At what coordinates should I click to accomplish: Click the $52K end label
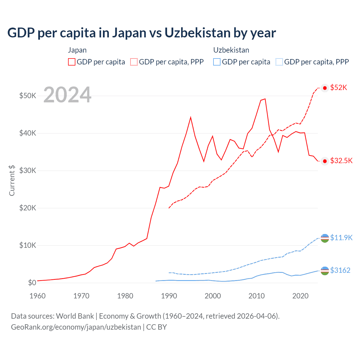339,87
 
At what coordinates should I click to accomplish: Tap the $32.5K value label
341,161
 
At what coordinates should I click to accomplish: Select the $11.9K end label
341,238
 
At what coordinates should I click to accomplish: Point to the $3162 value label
340,270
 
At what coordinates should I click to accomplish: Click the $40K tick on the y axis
28,133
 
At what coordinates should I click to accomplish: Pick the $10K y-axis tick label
28,245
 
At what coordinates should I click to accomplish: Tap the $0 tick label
32,283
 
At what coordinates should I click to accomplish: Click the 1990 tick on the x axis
169,296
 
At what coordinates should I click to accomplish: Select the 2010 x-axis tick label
256,296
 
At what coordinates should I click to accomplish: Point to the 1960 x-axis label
37,296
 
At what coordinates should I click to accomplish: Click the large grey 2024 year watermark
67,95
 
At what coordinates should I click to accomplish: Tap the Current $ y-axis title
12,180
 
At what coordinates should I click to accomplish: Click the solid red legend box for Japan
72,62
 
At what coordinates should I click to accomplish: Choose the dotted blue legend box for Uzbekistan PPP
279,62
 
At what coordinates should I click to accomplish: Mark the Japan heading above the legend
77,50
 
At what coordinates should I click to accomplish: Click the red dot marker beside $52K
325,88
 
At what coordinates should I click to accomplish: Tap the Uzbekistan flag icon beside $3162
325,271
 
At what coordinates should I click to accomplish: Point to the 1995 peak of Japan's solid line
191,117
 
